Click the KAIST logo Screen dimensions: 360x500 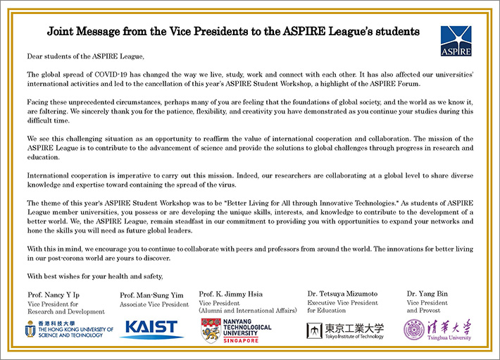152,328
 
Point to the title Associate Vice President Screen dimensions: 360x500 154,304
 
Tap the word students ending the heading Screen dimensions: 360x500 397,32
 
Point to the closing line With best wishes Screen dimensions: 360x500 89,275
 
